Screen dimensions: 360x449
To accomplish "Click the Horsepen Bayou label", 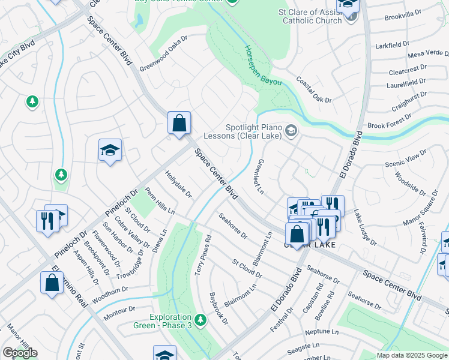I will (x=263, y=67).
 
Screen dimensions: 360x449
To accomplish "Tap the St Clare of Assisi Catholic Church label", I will (x=309, y=16).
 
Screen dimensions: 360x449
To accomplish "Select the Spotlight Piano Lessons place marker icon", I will (x=291, y=130).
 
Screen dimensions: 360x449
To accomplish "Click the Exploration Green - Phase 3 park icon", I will (x=200, y=320).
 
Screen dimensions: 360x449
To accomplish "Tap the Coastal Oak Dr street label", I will (x=314, y=91).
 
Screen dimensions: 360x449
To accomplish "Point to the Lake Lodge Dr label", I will (x=365, y=227).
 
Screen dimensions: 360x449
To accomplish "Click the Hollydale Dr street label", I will (x=178, y=184).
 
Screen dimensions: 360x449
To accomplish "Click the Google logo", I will (x=19, y=353).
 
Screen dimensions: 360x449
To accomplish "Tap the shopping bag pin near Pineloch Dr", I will (x=179, y=124).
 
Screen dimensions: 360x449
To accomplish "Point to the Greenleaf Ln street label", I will (x=259, y=176).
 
